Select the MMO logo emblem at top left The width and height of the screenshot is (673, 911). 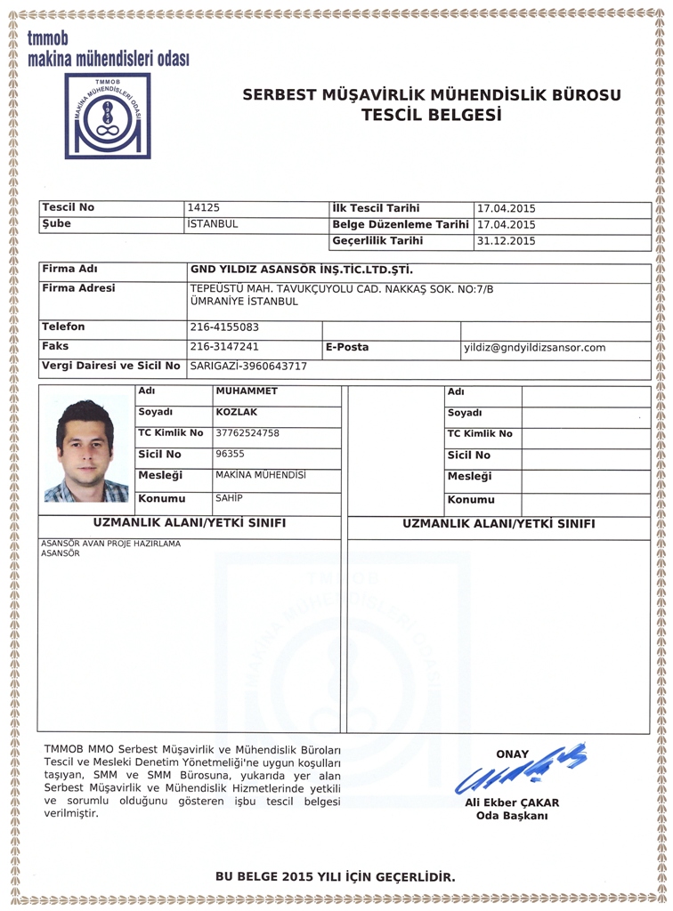pyautogui.click(x=107, y=116)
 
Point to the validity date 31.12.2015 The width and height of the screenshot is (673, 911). pyautogui.click(x=506, y=241)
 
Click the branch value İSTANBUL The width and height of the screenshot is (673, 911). pyautogui.click(x=213, y=224)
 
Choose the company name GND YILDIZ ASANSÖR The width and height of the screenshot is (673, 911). pyautogui.click(x=302, y=270)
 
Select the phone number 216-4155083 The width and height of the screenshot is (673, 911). pyautogui.click(x=224, y=327)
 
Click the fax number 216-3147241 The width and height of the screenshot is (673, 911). pyautogui.click(x=224, y=347)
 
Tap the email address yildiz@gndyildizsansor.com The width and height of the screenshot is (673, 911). pyautogui.click(x=534, y=348)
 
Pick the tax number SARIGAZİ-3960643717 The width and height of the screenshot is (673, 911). pyautogui.click(x=248, y=367)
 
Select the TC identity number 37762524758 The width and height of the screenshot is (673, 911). pyautogui.click(x=247, y=433)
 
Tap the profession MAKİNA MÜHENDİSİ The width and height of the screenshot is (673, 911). pyautogui.click(x=261, y=475)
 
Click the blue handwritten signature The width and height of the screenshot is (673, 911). pyautogui.click(x=521, y=770)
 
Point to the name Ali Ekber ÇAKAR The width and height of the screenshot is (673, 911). pyautogui.click(x=512, y=802)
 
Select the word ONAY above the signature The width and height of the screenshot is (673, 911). pyautogui.click(x=512, y=754)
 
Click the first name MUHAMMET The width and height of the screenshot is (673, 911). pyautogui.click(x=247, y=391)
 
